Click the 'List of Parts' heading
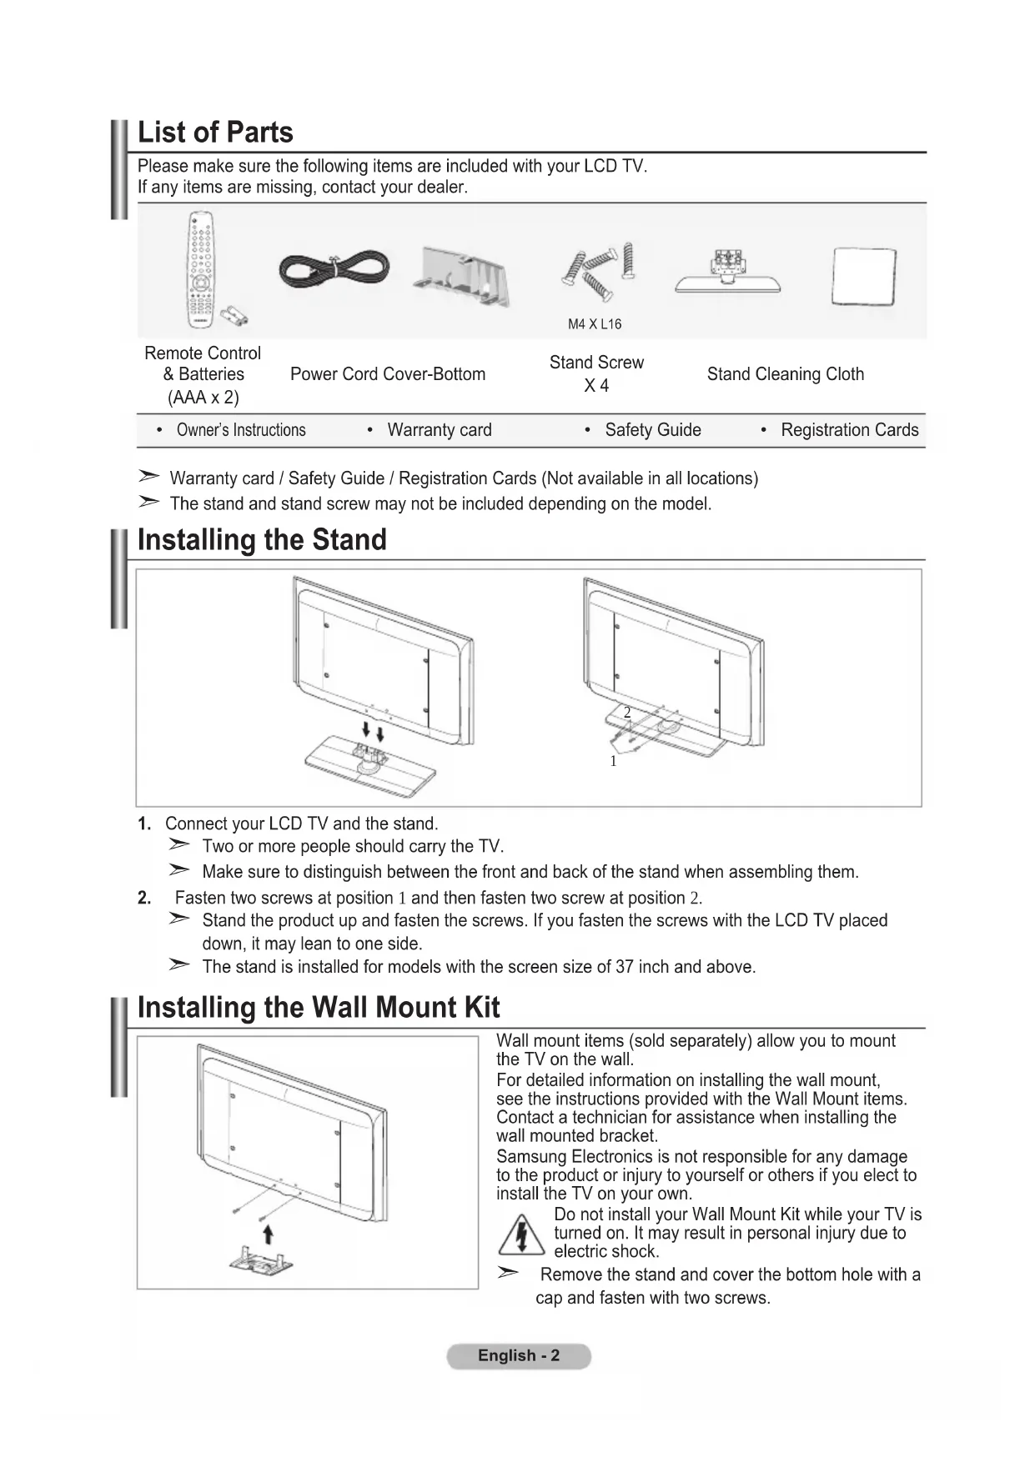(x=215, y=133)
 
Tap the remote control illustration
(x=201, y=268)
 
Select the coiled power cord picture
(x=333, y=269)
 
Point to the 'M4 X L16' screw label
(x=595, y=324)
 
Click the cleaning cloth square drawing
(x=864, y=277)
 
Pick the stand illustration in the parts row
(x=728, y=273)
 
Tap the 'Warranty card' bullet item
(x=440, y=430)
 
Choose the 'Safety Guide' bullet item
(x=653, y=430)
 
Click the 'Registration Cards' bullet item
(x=849, y=430)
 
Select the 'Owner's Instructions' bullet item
(x=241, y=430)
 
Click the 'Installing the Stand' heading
(x=262, y=540)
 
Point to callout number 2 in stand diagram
(x=627, y=713)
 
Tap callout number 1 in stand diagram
(x=613, y=761)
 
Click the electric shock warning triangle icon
(x=521, y=1234)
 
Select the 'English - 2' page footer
(x=519, y=1356)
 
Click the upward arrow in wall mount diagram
(x=268, y=1234)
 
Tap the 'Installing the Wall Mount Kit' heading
(x=319, y=1008)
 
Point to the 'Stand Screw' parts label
(x=596, y=363)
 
